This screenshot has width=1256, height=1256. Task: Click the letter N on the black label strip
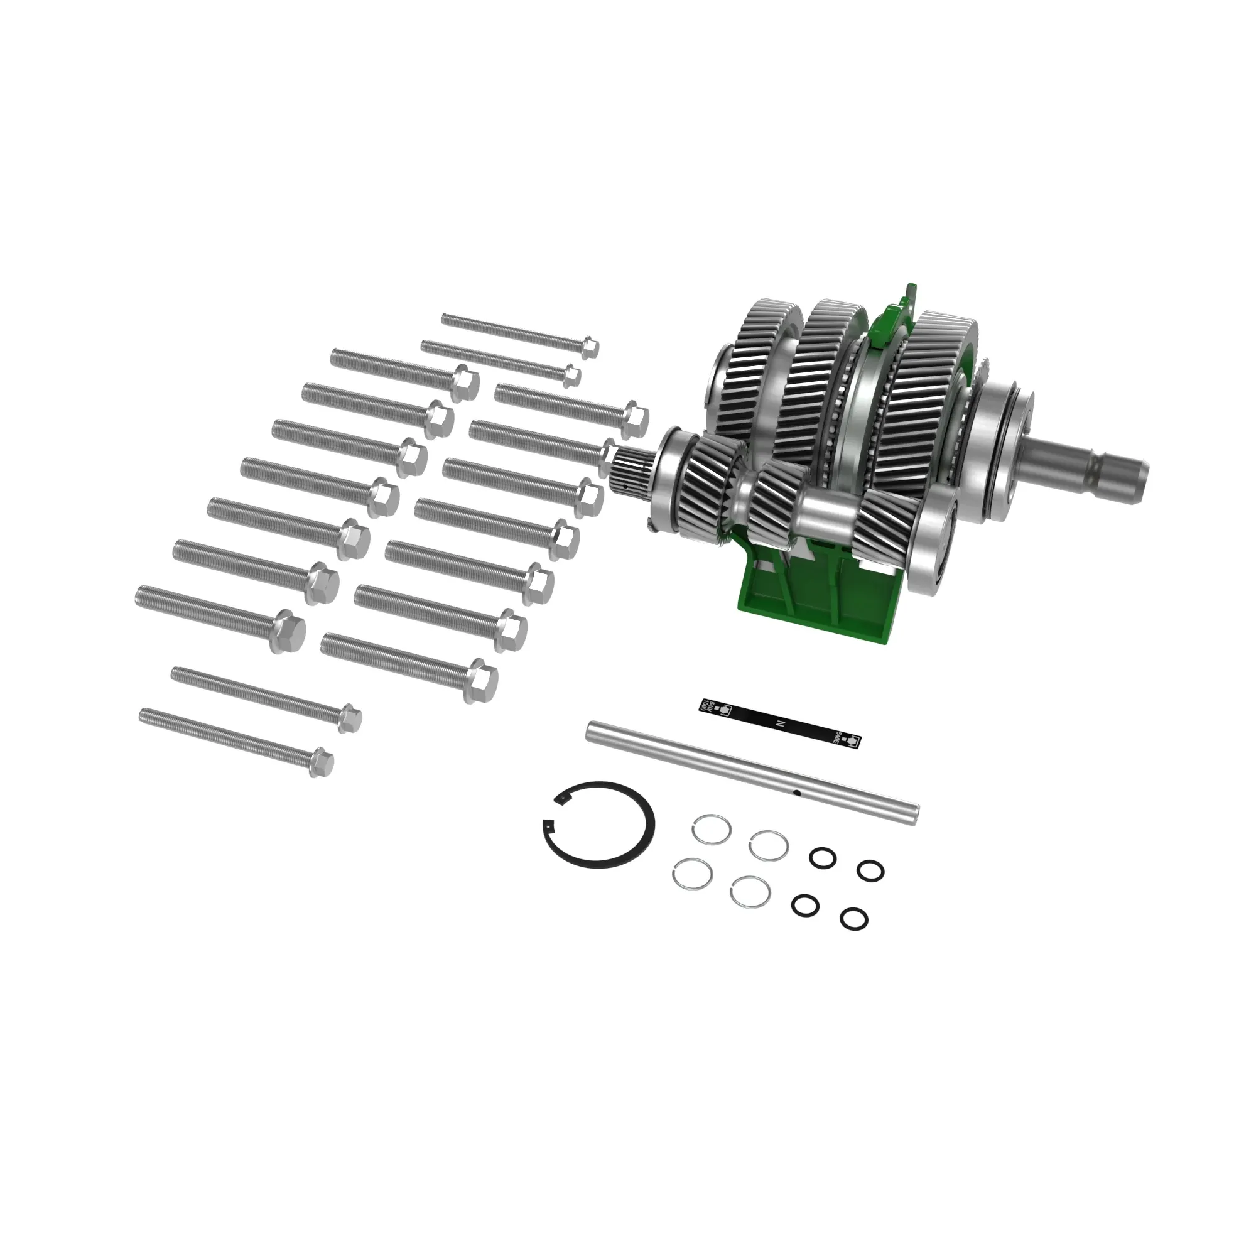tap(781, 723)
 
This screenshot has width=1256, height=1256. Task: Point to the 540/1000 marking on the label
tap(710, 706)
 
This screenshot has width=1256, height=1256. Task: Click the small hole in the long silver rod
tap(795, 792)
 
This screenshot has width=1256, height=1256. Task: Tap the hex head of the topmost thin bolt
tap(589, 347)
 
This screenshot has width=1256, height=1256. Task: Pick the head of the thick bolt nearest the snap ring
tap(480, 683)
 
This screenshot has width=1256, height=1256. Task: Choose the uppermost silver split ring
tap(712, 830)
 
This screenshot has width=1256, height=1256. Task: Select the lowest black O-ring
tap(853, 919)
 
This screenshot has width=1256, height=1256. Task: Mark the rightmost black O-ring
tap(870, 870)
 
